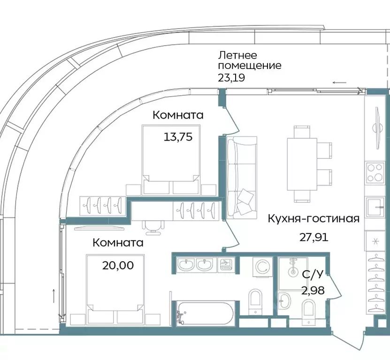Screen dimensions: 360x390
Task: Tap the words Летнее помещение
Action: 249,60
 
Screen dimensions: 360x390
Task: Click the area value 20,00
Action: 118,265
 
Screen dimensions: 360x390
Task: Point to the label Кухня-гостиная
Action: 314,218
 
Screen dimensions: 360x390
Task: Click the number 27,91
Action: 314,236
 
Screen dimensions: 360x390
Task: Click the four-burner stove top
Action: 375,172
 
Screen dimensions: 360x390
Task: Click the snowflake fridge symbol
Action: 375,241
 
